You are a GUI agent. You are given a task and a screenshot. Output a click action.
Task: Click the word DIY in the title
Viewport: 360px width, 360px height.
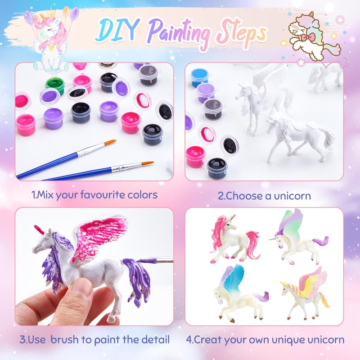pos(117,29)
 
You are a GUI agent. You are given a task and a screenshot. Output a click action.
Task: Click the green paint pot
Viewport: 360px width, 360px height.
pos(55,86)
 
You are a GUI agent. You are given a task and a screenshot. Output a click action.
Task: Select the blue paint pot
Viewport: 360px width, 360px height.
pos(200,77)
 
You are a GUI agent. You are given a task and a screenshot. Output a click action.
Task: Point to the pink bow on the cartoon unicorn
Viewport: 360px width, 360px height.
pos(308,37)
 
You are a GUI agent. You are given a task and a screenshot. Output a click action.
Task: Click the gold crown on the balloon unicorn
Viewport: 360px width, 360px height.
pos(52,13)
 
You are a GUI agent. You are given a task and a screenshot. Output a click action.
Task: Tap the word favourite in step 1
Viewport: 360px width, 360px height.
pos(103,195)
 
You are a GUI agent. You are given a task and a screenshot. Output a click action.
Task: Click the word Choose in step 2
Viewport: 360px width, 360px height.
pos(244,196)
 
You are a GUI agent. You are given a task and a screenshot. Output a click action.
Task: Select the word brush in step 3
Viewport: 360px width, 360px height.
pos(64,340)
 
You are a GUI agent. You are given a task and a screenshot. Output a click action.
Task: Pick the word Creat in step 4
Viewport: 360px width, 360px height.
pos(208,340)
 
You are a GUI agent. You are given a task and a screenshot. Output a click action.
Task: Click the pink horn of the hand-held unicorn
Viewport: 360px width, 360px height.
pos(39,229)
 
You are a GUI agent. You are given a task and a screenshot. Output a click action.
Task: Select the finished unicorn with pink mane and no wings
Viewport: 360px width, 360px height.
pos(234,239)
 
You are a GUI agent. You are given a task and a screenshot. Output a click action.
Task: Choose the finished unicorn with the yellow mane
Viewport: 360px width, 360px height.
pos(305,294)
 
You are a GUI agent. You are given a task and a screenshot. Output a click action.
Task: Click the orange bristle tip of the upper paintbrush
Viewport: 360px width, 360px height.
pos(110,142)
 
